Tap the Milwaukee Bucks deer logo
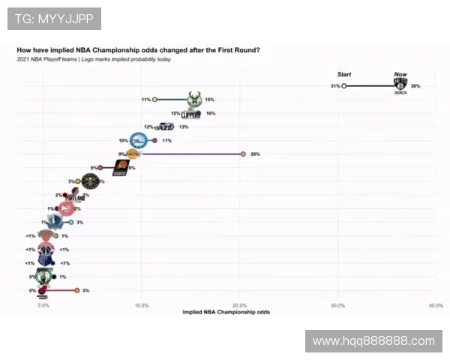tap(193, 99)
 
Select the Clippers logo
tap(192, 114)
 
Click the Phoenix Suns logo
tap(121, 169)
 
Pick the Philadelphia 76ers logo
tap(139, 141)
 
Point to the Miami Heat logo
tap(44, 290)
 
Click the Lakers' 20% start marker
tap(243, 154)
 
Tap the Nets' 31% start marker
tap(343, 86)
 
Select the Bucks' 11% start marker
tap(154, 99)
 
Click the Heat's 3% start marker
tap(76, 290)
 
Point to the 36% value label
tap(415, 86)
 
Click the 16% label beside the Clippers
tap(211, 114)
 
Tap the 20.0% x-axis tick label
tap(240, 306)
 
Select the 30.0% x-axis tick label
tap(337, 306)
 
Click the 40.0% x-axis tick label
tap(436, 306)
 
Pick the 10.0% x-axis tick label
tap(142, 306)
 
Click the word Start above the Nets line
tap(344, 74)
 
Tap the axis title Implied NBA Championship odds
tap(226, 312)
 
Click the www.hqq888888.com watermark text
tap(373, 341)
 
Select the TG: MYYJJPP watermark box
tap(54, 18)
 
